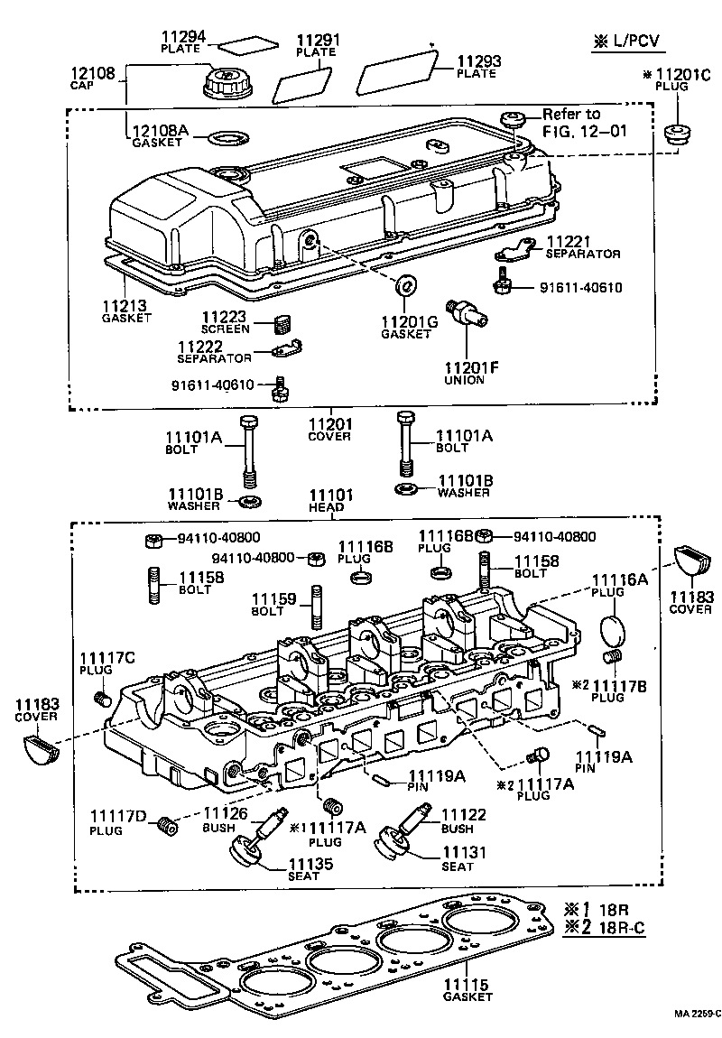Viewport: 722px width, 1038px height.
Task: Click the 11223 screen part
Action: point(284,322)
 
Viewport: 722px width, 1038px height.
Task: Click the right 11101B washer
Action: point(405,490)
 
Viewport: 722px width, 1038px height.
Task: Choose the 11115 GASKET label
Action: point(467,990)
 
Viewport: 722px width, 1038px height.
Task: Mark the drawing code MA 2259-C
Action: point(694,1014)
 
